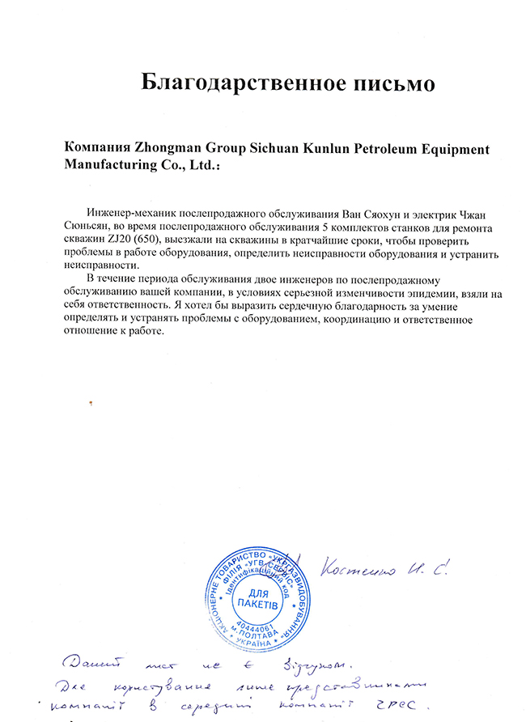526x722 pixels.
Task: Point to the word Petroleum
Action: (382, 149)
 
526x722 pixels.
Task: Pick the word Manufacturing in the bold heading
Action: (106, 164)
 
